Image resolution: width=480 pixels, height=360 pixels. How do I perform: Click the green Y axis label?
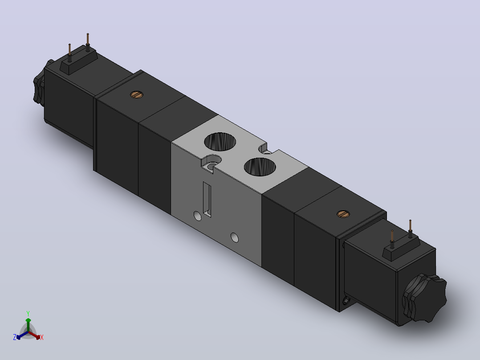pyautogui.click(x=28, y=313)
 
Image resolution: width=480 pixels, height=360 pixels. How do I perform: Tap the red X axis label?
pyautogui.click(x=42, y=337)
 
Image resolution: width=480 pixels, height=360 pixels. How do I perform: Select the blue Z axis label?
pyautogui.click(x=15, y=337)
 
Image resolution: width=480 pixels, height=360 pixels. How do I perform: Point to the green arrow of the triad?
pyautogui.click(x=28, y=325)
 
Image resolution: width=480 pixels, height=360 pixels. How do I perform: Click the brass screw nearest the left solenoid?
pyautogui.click(x=137, y=94)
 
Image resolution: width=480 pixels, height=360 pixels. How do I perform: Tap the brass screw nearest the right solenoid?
pyautogui.click(x=343, y=214)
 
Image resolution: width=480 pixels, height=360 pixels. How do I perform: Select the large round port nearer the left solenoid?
pyautogui.click(x=220, y=142)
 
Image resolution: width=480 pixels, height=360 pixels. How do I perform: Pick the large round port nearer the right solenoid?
pyautogui.click(x=260, y=167)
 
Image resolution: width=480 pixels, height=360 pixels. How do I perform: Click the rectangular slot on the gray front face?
pyautogui.click(x=207, y=199)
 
